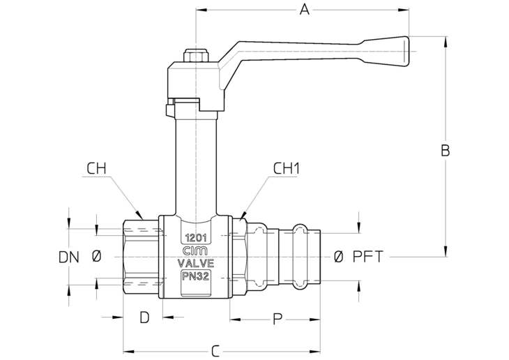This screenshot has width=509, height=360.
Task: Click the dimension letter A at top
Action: (x=305, y=10)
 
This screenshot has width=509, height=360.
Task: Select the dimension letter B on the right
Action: (x=446, y=151)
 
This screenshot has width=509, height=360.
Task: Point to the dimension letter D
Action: (x=144, y=317)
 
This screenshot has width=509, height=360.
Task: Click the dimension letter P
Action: (x=277, y=319)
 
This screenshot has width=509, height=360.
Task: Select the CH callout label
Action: (x=97, y=169)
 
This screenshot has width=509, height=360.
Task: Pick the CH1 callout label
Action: (x=287, y=169)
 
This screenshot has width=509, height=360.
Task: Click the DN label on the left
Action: (x=69, y=257)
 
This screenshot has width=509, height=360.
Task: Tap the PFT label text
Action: (x=367, y=257)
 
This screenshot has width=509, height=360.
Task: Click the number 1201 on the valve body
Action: (x=196, y=238)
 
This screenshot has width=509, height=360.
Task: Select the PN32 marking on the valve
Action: (x=195, y=276)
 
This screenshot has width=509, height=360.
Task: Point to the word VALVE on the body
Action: (x=196, y=263)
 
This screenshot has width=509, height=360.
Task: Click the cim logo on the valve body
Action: (x=196, y=251)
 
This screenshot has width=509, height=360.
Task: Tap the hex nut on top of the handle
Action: (x=196, y=56)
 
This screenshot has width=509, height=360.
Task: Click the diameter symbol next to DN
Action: (x=96, y=257)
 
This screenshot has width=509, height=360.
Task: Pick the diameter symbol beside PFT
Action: (x=338, y=257)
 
